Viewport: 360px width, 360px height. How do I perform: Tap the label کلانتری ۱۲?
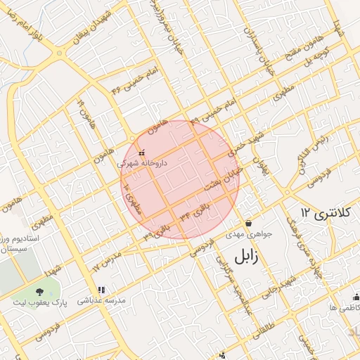point(314,212)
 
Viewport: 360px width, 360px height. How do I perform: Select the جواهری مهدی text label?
point(243,233)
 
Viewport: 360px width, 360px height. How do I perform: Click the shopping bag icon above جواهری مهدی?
point(248,223)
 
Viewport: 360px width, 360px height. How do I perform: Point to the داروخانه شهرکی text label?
point(143,162)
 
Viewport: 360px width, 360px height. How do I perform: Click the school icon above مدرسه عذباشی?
point(102,290)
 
